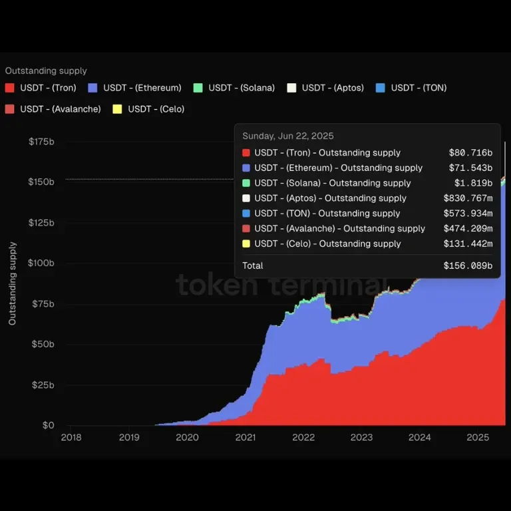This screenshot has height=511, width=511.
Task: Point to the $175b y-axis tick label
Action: point(41,141)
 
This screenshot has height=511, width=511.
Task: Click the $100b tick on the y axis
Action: point(41,263)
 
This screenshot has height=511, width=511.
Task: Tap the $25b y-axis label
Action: point(43,385)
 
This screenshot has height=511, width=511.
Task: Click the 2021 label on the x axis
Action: point(246,437)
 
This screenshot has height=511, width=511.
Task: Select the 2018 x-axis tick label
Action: point(71,437)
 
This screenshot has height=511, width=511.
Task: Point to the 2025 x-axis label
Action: point(478,437)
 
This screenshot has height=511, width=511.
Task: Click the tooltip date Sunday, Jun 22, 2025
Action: point(288,136)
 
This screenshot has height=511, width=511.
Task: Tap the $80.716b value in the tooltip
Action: point(470,153)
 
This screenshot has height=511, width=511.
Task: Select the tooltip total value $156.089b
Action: point(468,265)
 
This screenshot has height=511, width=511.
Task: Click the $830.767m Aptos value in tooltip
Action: point(468,198)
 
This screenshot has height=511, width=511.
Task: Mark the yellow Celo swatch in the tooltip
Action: point(246,244)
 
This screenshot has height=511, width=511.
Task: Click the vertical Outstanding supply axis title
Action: point(13,283)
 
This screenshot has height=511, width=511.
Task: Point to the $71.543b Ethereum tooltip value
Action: point(470,168)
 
